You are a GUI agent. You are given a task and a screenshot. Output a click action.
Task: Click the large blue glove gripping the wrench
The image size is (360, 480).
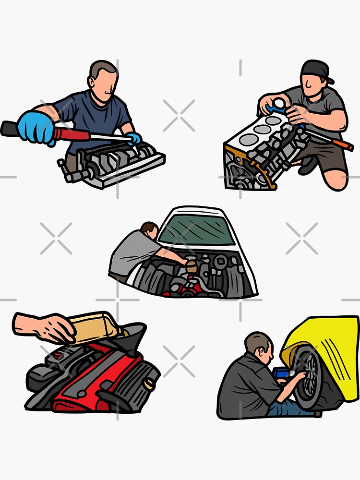tap(36, 127)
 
